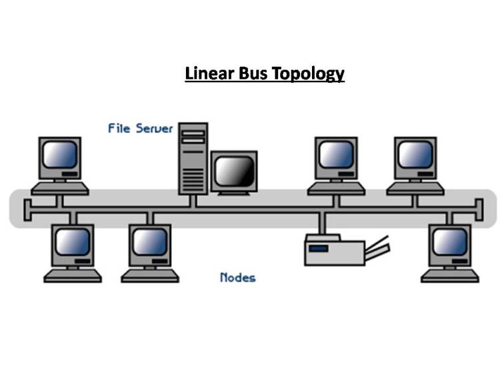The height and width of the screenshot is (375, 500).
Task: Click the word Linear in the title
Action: point(209,73)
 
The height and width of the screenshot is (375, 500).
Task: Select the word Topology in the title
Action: point(309,74)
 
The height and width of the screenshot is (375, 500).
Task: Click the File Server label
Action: point(140,128)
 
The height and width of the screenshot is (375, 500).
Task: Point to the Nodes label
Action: point(238,278)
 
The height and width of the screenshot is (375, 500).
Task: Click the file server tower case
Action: point(193,159)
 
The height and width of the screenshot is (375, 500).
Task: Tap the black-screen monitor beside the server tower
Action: point(234,173)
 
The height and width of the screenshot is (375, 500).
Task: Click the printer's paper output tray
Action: point(377,248)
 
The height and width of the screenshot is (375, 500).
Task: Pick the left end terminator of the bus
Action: point(28,210)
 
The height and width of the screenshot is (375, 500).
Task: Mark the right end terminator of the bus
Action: point(479,210)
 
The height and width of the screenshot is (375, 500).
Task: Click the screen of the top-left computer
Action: point(60,154)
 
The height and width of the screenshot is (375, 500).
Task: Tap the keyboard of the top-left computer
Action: point(60,189)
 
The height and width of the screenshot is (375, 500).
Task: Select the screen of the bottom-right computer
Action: point(450,242)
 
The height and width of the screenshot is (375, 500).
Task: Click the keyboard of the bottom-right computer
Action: point(450,276)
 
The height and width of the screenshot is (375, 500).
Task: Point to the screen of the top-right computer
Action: point(415,154)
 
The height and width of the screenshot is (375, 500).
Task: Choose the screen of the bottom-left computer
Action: point(73,242)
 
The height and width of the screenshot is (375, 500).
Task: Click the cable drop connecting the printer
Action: point(323,223)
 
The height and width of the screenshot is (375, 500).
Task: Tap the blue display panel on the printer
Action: point(319,248)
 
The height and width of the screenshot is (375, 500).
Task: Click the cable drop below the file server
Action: point(193,201)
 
